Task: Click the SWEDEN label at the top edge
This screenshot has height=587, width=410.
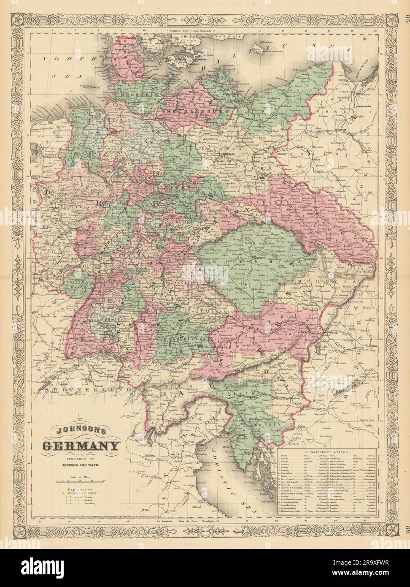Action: pos(228,37)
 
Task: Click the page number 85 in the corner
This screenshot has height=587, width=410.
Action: pos(406,6)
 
